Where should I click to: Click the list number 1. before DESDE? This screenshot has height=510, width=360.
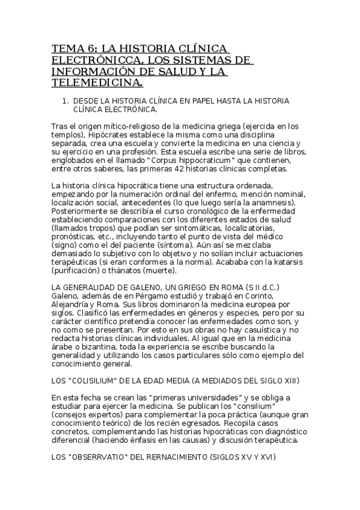tap(67, 101)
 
